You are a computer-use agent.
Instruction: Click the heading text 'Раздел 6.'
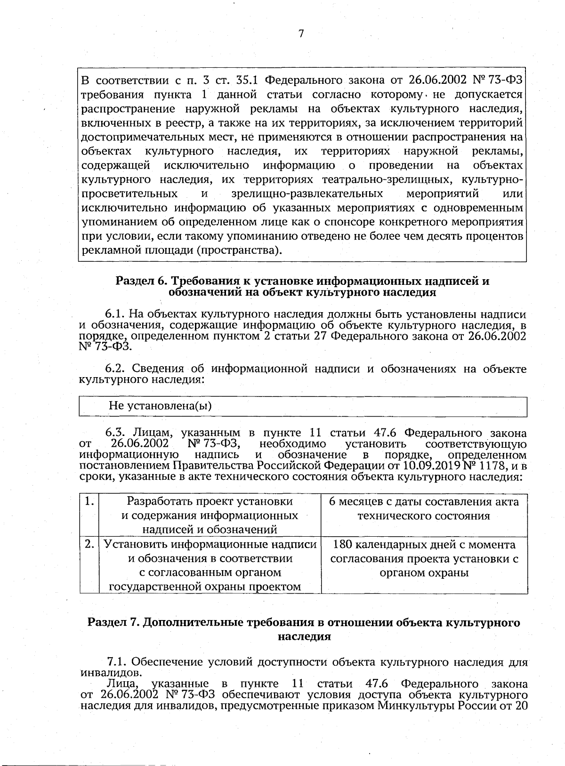(141, 282)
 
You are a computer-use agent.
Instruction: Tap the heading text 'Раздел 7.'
(114, 622)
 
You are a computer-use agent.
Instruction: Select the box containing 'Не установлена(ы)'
(302, 406)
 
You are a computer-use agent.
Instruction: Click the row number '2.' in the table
(89, 544)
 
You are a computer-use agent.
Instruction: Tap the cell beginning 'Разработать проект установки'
(210, 515)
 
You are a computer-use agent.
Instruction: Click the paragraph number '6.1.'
(115, 314)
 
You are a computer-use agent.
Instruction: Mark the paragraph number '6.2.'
(115, 368)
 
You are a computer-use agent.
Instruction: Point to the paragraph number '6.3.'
(115, 433)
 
